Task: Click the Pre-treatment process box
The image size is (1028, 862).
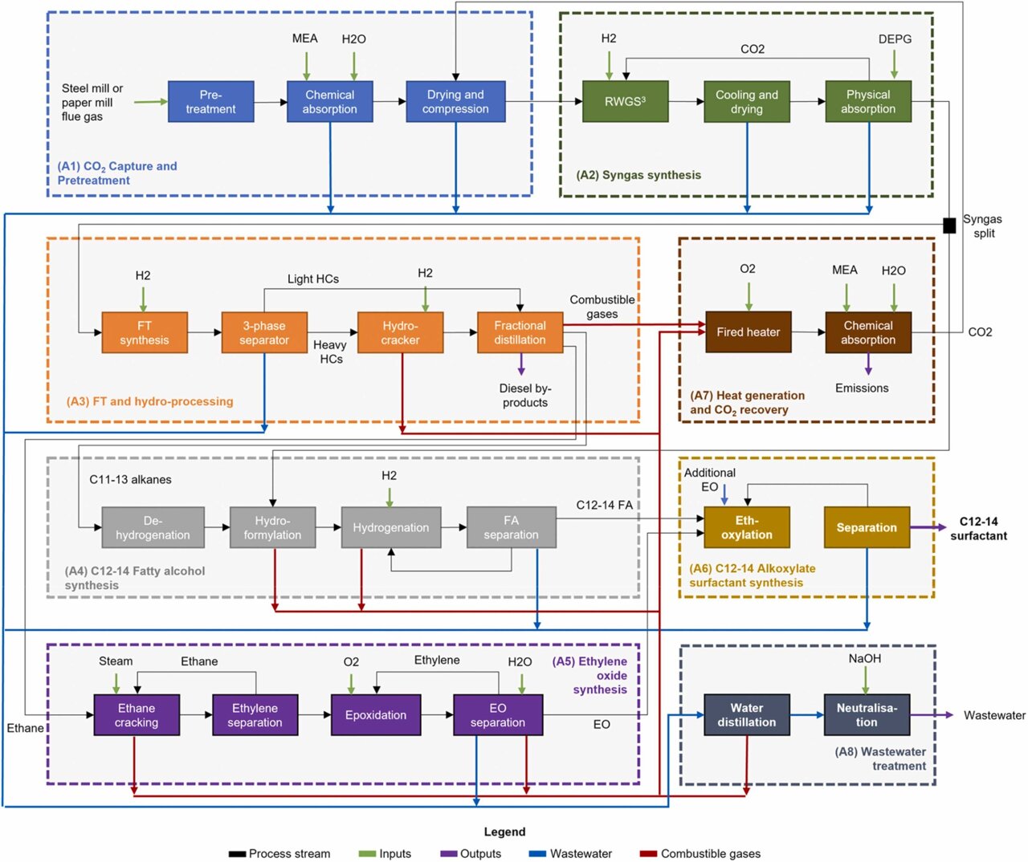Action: [x=210, y=102]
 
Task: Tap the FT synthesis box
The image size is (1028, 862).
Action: [x=145, y=333]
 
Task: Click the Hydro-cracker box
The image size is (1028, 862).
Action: [x=400, y=333]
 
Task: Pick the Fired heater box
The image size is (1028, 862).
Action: [x=748, y=332]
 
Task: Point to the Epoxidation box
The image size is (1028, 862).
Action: [x=375, y=715]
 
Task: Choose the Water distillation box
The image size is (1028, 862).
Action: [x=746, y=715]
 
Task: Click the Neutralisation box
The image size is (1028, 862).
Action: [x=867, y=715]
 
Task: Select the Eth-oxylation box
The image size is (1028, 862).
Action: [x=746, y=527]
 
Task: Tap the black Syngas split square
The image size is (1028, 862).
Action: [x=949, y=226]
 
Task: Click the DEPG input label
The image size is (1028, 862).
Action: [x=895, y=39]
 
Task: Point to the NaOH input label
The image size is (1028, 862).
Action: [x=865, y=659]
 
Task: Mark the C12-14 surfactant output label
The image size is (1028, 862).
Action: [x=978, y=528]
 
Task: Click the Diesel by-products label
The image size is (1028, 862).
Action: [x=525, y=396]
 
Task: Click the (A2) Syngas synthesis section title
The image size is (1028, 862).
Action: [x=638, y=175]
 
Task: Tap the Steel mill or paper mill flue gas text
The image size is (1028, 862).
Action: [x=92, y=103]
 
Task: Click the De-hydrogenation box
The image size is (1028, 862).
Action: [x=153, y=528]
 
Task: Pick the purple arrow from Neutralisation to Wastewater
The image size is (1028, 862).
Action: [x=932, y=715]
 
